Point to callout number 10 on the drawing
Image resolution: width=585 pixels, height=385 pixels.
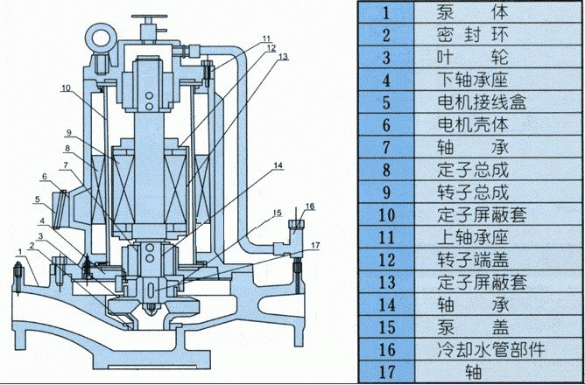click(x=65, y=87)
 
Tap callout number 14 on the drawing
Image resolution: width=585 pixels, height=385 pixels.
click(x=278, y=164)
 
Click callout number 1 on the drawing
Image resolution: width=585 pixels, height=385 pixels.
click(x=18, y=251)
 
